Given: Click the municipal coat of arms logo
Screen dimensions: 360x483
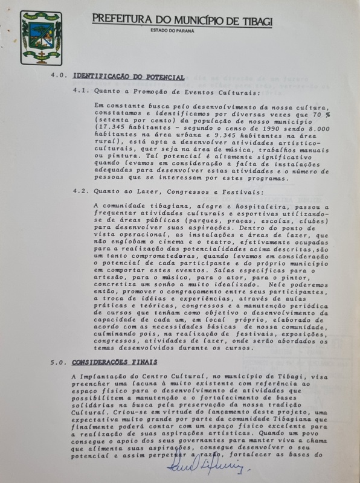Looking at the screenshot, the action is tap(41, 37).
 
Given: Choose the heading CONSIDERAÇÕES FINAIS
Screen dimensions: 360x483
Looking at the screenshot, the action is tap(115, 362).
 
